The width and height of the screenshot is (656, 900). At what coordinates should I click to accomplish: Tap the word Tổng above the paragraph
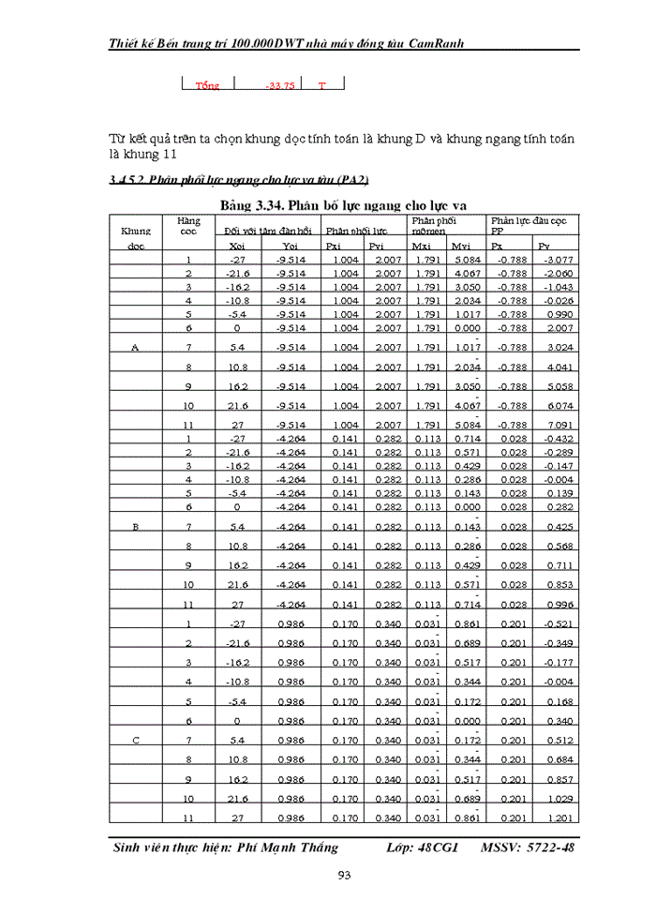pyautogui.click(x=207, y=85)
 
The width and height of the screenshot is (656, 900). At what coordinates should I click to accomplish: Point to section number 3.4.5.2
pyautogui.click(x=127, y=178)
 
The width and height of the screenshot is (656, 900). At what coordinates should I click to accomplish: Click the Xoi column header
pyautogui.click(x=237, y=246)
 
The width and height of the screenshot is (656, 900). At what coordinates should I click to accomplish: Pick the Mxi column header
pyautogui.click(x=423, y=246)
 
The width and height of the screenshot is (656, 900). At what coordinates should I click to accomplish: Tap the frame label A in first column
pyautogui.click(x=136, y=348)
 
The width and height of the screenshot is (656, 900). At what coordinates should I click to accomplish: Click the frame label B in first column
pyautogui.click(x=136, y=527)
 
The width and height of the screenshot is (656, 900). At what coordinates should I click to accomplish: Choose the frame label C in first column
pyautogui.click(x=136, y=741)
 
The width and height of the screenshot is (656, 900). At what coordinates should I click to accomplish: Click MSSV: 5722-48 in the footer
pyautogui.click(x=528, y=847)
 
